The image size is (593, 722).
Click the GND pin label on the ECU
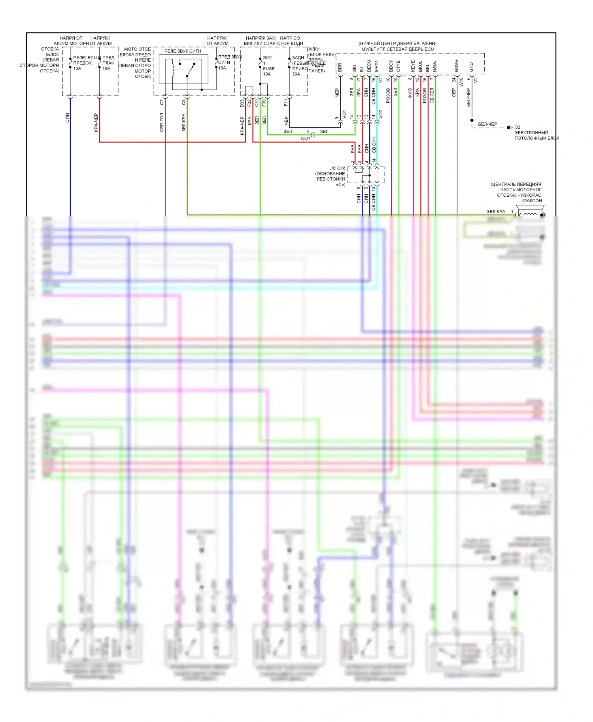471,67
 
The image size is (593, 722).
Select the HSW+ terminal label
457,66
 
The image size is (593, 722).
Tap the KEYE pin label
413,66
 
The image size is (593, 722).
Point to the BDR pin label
340,68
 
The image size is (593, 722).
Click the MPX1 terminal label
376,66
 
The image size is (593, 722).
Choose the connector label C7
162,102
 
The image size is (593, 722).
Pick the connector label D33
242,103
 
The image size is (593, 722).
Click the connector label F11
286,103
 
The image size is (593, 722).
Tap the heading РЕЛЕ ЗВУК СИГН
183,51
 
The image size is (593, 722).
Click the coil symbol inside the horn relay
173,68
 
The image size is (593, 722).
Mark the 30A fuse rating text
296,74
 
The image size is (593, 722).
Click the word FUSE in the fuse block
269,68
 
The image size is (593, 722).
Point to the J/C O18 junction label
337,168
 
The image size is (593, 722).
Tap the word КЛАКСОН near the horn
531,201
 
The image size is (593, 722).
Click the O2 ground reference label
517,127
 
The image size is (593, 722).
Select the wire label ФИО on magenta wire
410,93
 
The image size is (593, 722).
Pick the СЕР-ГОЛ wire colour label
162,122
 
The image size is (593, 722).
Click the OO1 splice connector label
306,138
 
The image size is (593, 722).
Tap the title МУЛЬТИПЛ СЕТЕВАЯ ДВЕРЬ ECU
397,49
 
